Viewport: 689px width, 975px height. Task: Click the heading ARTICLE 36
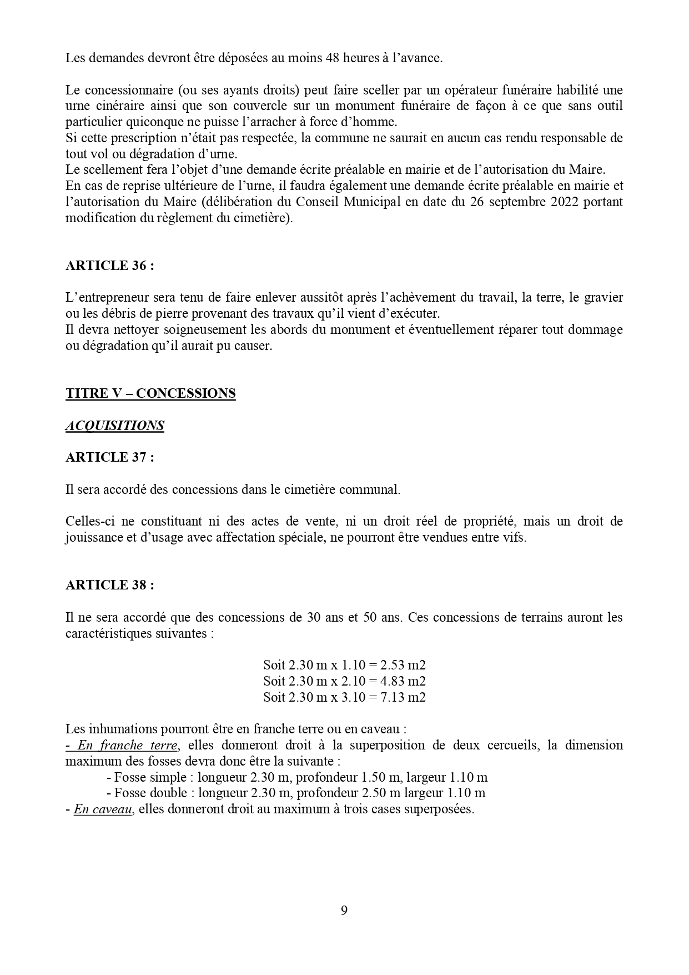pyautogui.click(x=109, y=266)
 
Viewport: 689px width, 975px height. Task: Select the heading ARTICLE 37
pyautogui.click(x=109, y=457)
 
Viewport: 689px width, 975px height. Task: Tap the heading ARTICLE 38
pyautogui.click(x=109, y=585)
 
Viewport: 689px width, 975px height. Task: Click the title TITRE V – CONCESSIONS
pyautogui.click(x=150, y=393)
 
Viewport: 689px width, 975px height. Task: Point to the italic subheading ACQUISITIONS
pyautogui.click(x=115, y=426)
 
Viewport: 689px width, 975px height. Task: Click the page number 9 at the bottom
pyautogui.click(x=344, y=911)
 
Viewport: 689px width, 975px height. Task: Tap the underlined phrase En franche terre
pyautogui.click(x=127, y=745)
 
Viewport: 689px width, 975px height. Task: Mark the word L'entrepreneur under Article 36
pyautogui.click(x=105, y=298)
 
